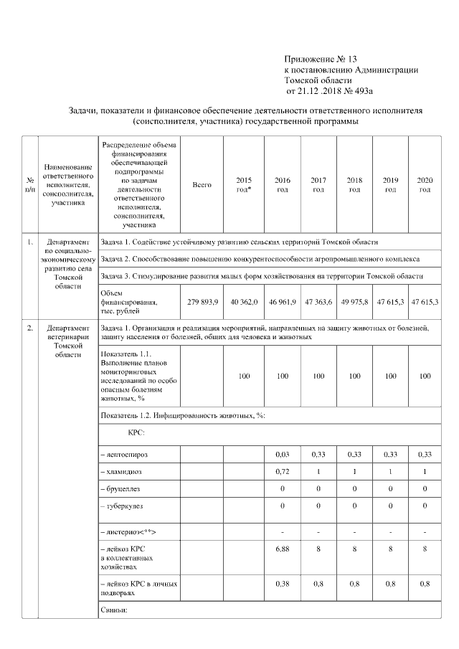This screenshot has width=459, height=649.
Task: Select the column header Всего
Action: point(202,185)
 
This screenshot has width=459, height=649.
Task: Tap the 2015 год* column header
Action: point(244,185)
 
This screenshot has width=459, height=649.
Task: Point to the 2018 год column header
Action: point(354,185)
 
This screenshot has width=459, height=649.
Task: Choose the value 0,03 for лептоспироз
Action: point(283,455)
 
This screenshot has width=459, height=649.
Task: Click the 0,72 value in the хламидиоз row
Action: point(283,471)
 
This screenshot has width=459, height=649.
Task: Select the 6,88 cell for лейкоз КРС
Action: point(283,549)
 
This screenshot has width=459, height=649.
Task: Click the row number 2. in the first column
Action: point(30,328)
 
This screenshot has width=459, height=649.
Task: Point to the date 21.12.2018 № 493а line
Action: point(330,92)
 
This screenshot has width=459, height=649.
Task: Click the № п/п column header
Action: point(29,185)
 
